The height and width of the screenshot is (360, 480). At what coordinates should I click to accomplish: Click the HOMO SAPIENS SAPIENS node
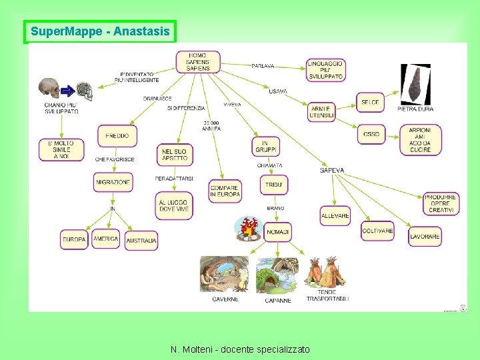coord(197,62)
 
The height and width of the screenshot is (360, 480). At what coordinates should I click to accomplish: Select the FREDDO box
coord(117,136)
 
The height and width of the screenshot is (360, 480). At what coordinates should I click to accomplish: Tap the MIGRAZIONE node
coord(113,182)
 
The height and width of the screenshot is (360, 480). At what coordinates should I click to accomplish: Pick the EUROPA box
coord(74,239)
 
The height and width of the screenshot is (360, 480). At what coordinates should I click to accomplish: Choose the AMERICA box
coord(105,239)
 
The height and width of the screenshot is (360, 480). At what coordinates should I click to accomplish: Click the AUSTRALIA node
coord(141,240)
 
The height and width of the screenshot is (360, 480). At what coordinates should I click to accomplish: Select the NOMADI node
coord(277,232)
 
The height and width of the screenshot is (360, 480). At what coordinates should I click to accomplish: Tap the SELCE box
coord(371,103)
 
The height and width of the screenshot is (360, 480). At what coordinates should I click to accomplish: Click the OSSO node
coord(371,135)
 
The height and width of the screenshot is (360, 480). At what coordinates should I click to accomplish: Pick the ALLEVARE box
coord(335,216)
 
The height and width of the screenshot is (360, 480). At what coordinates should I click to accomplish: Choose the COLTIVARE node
coord(377,231)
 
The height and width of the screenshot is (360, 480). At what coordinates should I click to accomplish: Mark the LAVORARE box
coord(425,237)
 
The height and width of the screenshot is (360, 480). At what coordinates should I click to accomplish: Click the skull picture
coord(48,89)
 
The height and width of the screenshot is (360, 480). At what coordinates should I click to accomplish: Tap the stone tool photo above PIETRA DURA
coord(415,85)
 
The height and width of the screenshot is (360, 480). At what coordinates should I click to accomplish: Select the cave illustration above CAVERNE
coord(224,275)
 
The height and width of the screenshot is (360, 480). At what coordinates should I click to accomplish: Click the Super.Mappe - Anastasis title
coord(100,31)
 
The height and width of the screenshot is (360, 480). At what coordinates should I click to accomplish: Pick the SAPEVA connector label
coord(332,171)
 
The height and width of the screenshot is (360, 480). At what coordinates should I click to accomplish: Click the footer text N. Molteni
coord(240,349)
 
